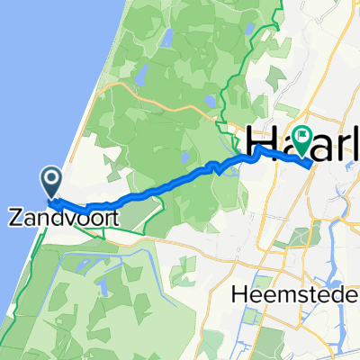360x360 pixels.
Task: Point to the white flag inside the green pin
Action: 299,137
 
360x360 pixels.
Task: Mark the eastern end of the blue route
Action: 310,165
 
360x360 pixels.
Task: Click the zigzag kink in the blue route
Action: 214,168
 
